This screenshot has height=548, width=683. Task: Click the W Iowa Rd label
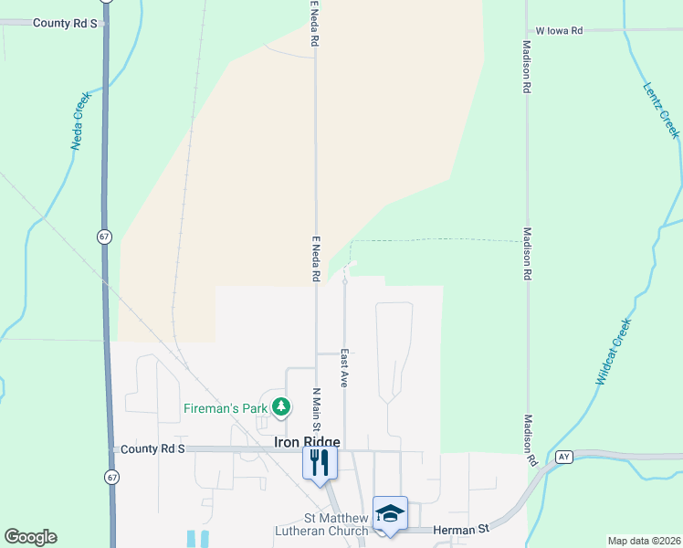click(x=559, y=30)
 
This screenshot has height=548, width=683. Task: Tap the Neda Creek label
click(x=81, y=120)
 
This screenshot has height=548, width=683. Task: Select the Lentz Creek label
click(x=661, y=111)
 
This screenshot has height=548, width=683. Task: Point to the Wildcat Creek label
click(x=614, y=352)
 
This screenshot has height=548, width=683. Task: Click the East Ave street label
click(x=344, y=368)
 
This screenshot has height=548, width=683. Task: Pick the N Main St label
click(x=316, y=410)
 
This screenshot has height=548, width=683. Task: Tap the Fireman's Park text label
click(x=225, y=408)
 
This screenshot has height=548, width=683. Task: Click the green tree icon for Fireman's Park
click(x=283, y=406)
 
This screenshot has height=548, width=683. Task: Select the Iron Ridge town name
click(x=308, y=442)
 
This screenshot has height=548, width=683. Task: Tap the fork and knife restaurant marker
click(x=320, y=461)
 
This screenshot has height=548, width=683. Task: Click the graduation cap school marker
click(x=390, y=513)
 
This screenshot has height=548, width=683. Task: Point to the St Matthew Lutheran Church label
click(x=323, y=524)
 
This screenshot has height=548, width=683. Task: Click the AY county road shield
click(x=563, y=457)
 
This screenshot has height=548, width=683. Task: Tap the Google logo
click(x=30, y=537)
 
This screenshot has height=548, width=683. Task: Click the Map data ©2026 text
click(x=643, y=541)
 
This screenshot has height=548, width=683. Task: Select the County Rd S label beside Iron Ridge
click(x=152, y=449)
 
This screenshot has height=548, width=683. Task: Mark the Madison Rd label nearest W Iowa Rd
click(x=527, y=68)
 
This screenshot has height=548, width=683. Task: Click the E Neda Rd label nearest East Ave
click(x=316, y=259)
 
